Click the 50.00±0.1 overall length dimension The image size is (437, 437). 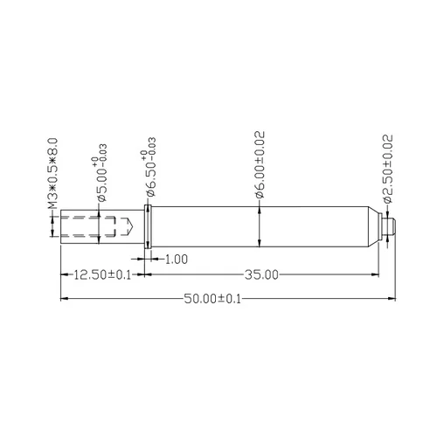click(212, 299)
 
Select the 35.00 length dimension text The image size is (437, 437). click(260, 274)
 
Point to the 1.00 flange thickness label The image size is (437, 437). click(176, 259)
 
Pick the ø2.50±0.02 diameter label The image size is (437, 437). click(388, 166)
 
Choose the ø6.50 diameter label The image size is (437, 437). click(151, 170)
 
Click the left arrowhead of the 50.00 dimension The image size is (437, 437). click(63, 299)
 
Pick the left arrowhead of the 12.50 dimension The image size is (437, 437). click(63, 274)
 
